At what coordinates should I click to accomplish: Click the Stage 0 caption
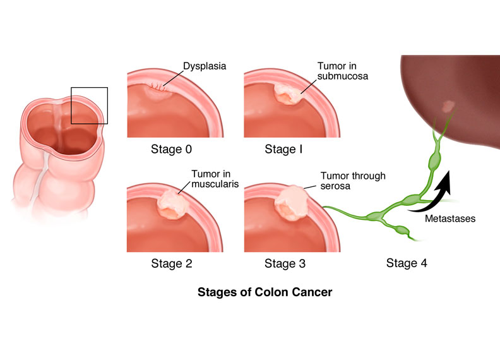tap(171, 150)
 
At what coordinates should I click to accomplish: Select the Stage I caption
tap(280, 150)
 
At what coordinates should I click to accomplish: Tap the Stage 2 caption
tap(171, 263)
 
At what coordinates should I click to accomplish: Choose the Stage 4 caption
tap(407, 263)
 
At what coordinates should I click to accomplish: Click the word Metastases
tap(449, 219)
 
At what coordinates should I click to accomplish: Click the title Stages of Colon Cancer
tap(265, 292)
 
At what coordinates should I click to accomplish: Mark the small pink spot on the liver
tap(449, 105)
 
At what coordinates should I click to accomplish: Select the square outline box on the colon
tap(89, 105)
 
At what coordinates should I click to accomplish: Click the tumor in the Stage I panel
tap(286, 95)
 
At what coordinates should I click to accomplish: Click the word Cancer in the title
tap(310, 292)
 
